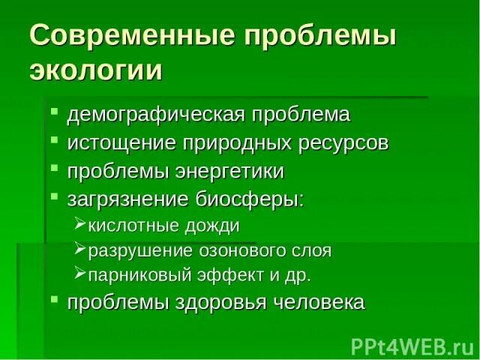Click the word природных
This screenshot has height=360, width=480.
click(x=224, y=143)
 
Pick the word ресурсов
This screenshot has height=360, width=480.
click(x=334, y=143)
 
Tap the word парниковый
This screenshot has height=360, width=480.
click(x=135, y=274)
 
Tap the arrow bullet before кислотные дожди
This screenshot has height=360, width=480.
click(x=81, y=223)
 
